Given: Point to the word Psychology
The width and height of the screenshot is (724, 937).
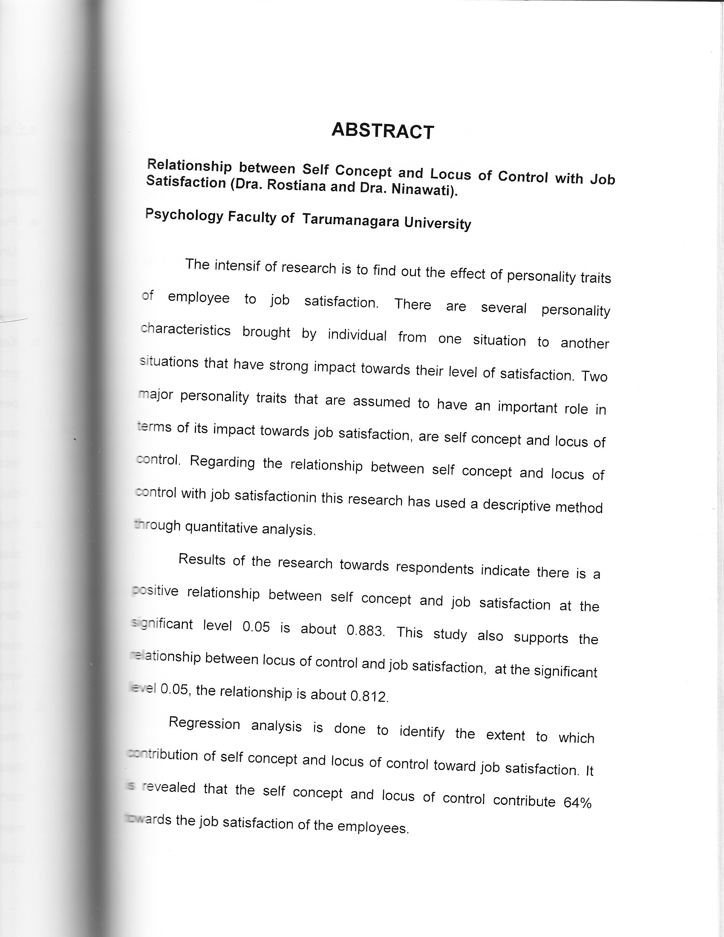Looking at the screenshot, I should click(x=184, y=214).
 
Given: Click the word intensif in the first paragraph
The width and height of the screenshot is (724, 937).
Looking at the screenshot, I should click(x=237, y=266).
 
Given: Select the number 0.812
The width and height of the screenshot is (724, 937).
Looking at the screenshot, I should click(x=369, y=696).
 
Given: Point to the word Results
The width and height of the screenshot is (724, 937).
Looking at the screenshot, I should click(x=202, y=559).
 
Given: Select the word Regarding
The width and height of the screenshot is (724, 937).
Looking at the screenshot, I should click(x=222, y=462).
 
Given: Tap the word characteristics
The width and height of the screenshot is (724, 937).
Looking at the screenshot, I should click(x=186, y=330).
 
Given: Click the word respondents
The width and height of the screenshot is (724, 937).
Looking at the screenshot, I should click(x=434, y=568).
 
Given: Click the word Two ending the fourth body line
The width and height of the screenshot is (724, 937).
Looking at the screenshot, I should click(x=594, y=376).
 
